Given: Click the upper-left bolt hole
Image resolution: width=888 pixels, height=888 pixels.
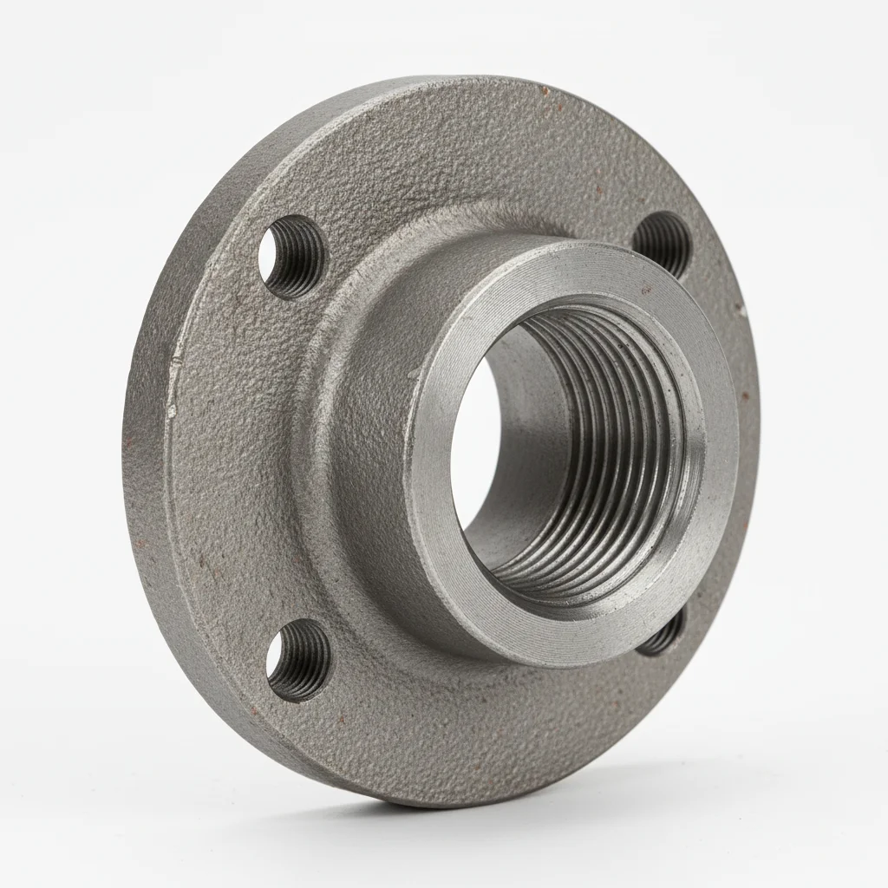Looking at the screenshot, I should [x=291, y=257].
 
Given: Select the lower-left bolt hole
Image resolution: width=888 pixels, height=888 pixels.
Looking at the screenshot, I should [x=298, y=660].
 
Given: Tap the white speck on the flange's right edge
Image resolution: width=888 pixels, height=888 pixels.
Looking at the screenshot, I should [x=742, y=307].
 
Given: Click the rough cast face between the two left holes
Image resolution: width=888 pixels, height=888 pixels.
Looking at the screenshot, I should [x=243, y=460].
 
